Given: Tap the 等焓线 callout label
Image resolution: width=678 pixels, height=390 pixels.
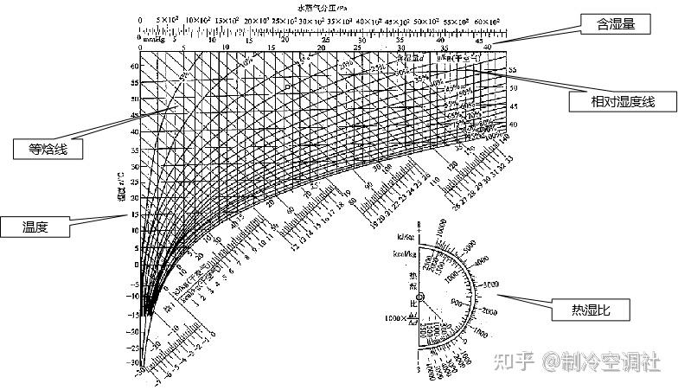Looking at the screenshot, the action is pos(48,149).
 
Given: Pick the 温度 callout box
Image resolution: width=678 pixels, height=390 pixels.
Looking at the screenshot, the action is pos(35,227).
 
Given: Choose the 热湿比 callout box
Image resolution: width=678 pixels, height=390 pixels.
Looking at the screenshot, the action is pos(589,310).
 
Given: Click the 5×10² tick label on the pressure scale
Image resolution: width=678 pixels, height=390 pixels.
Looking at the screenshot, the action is pos(167,20).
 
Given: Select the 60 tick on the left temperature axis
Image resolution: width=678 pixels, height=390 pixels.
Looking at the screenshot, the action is pos(135,66).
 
